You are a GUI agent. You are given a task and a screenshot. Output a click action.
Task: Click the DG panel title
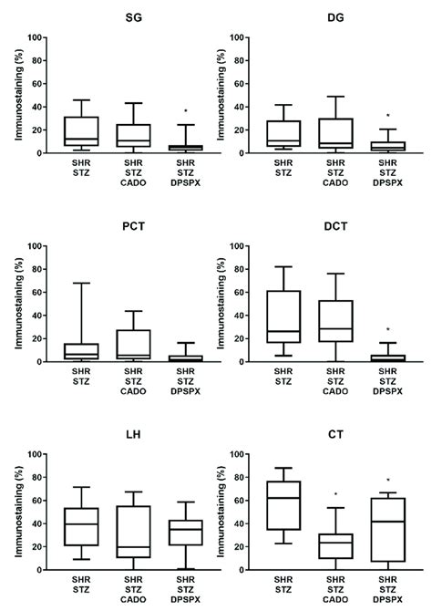(x=332, y=16)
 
